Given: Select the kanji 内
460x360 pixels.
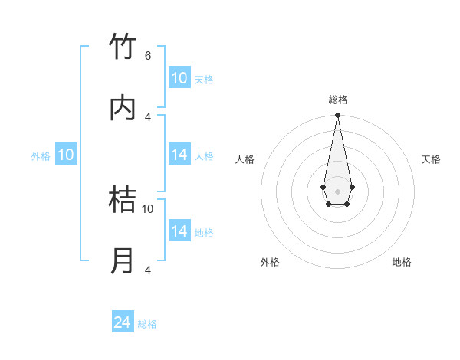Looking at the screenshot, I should [x=123, y=108].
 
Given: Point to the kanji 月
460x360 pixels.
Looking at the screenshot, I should [x=123, y=261].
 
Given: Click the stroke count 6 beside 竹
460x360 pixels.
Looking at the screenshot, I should [x=148, y=55].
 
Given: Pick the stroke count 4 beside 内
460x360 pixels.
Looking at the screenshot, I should [x=148, y=116].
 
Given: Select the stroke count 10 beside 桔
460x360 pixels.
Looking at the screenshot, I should [x=148, y=208].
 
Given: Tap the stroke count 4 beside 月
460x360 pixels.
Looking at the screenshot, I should [x=148, y=270].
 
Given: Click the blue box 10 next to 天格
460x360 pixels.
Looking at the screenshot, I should [x=179, y=78].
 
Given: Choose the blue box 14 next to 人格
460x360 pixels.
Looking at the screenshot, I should [x=179, y=155].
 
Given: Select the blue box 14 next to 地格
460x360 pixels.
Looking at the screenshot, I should [x=179, y=231].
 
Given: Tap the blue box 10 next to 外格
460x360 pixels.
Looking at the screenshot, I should [x=66, y=155].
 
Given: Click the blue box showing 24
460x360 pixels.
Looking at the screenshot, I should [x=123, y=322].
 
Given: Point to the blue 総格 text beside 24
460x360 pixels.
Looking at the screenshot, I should [x=147, y=324].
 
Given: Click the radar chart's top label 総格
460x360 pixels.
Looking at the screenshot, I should [x=338, y=100].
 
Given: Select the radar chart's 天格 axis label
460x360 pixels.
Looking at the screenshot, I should [x=431, y=159].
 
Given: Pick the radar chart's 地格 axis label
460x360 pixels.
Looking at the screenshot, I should [x=402, y=262].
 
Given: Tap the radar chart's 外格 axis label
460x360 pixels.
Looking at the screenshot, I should [x=270, y=262].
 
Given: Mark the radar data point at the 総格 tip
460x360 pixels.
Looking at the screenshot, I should [x=337, y=116].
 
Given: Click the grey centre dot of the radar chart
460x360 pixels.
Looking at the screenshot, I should [x=337, y=190].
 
